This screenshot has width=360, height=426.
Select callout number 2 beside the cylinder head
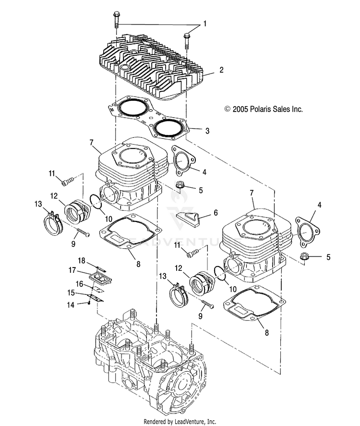(x=222, y=70)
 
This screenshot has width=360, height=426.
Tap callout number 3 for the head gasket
(x=207, y=130)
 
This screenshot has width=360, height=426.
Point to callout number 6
(x=216, y=212)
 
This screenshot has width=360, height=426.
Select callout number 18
(x=82, y=260)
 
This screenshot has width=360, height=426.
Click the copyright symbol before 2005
(x=228, y=110)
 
